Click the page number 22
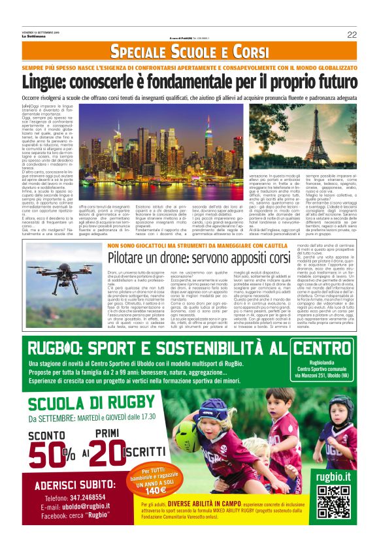(x=352, y=35)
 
